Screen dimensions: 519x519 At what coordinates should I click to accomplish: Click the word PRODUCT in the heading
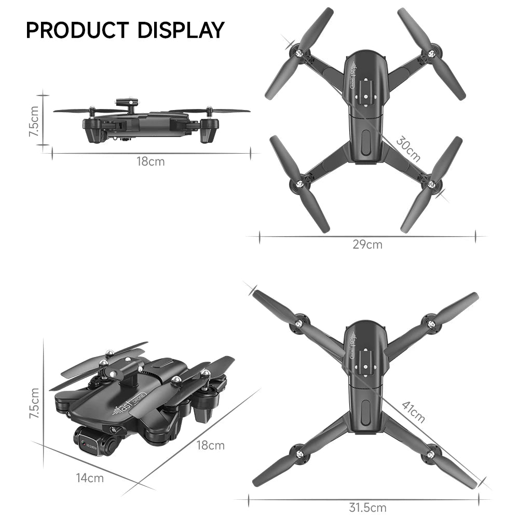click(x=78, y=30)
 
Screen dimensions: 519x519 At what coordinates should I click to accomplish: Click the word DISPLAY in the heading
click(x=181, y=30)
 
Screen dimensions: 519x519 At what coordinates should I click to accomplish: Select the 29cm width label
click(x=367, y=244)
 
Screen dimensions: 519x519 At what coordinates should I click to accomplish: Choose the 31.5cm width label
click(x=367, y=507)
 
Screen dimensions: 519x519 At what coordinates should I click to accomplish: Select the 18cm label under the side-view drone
click(x=151, y=161)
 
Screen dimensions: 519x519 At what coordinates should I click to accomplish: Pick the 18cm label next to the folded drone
click(x=210, y=445)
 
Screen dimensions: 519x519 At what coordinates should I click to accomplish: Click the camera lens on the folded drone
click(x=83, y=442)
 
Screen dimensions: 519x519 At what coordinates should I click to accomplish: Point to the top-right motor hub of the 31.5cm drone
click(x=430, y=324)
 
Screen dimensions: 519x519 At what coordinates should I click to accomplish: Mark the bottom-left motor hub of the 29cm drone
click(x=299, y=184)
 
